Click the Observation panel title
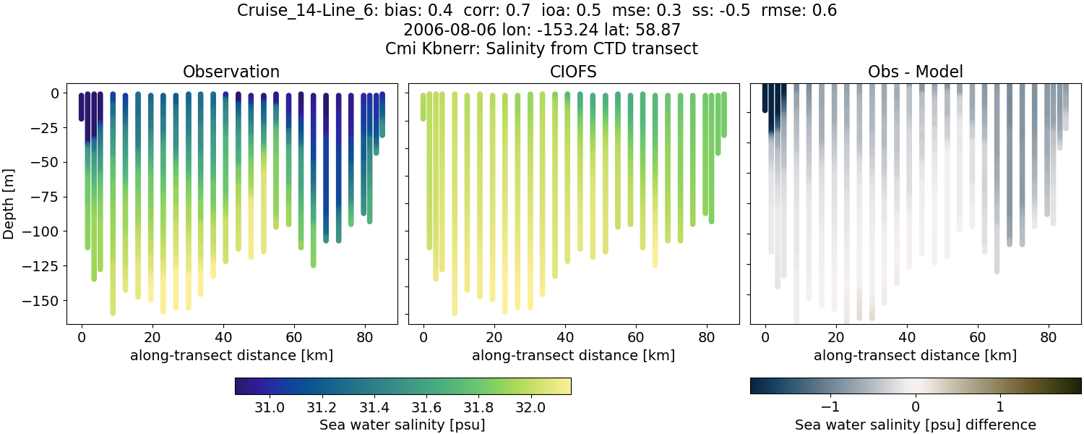(231, 72)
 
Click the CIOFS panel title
(574, 72)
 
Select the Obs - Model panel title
(915, 72)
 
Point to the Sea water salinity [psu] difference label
(915, 425)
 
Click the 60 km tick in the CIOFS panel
(636, 337)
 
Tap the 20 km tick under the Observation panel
(152, 337)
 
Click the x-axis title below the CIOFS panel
(574, 355)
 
